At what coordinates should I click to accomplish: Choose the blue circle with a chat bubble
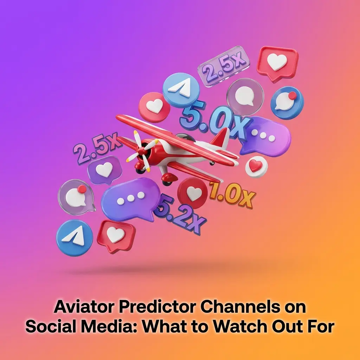click(x=287, y=103)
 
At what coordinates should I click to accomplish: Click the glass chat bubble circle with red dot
click(x=76, y=197)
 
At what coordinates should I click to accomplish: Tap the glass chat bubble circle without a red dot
click(x=245, y=96)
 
